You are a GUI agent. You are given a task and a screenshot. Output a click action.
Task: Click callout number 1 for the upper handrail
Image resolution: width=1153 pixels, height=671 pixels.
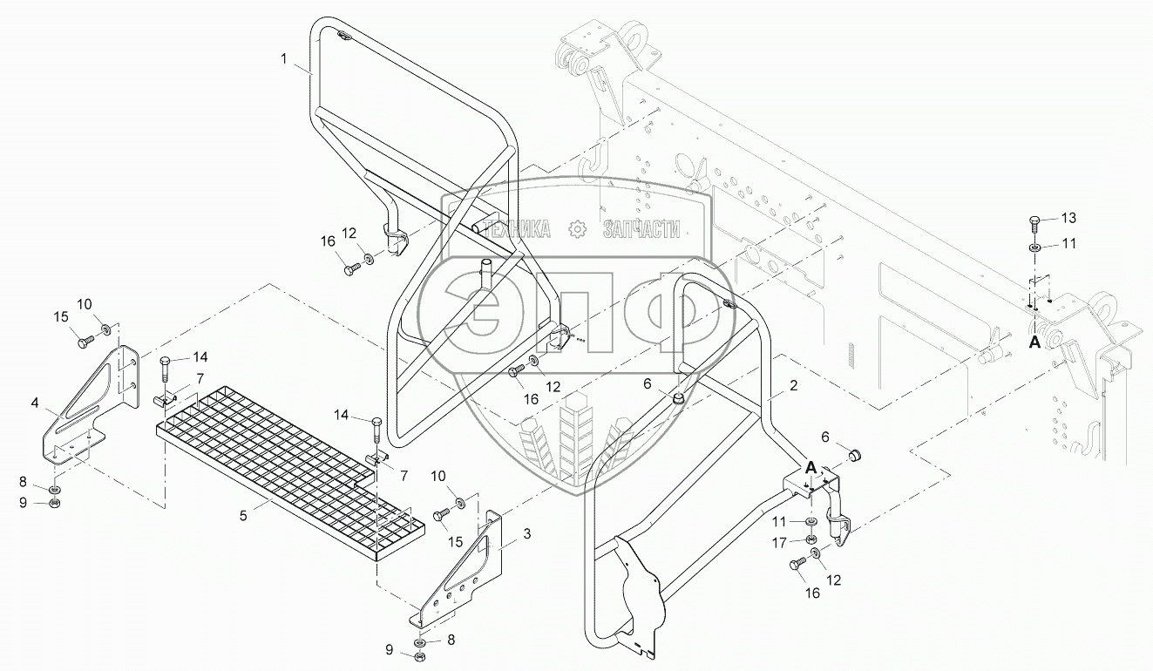point(283,59)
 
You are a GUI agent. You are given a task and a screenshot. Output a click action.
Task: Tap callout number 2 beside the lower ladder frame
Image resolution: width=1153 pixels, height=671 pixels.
point(794,385)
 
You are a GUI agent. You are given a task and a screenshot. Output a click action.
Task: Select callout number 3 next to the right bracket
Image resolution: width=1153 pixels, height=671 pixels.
point(526,534)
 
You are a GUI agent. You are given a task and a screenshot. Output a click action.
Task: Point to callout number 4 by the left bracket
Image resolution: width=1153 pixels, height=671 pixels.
point(35,403)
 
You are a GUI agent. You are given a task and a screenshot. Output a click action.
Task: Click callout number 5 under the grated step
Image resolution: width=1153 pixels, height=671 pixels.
point(243,515)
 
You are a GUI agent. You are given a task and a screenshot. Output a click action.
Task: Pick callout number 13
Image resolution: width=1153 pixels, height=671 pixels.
point(1068,218)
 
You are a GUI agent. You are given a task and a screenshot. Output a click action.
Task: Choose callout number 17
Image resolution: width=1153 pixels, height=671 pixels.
point(779,542)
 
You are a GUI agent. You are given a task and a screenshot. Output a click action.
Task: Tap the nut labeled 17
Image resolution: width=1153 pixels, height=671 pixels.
point(809,539)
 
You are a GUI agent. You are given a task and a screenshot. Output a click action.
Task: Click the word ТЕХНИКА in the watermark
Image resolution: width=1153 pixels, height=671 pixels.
point(516,229)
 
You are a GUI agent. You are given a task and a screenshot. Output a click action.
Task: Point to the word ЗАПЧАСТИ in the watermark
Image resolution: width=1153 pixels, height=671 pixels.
point(641,229)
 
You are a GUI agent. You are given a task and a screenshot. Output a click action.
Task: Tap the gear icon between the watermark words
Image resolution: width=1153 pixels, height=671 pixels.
point(577,229)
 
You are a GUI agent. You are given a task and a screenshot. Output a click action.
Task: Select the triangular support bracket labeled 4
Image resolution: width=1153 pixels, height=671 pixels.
point(90,404)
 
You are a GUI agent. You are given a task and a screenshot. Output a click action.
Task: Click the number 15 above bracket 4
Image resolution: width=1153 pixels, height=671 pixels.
point(61,317)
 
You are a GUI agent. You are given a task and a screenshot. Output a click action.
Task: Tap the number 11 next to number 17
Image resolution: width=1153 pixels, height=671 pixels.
point(779,522)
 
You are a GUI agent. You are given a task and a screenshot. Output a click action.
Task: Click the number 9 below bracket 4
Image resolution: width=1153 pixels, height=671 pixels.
point(24,502)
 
